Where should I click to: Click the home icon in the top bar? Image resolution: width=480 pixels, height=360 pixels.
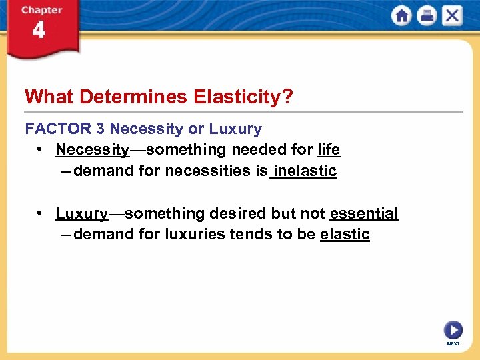(402, 16)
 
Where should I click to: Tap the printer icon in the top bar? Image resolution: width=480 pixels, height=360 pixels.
(427, 16)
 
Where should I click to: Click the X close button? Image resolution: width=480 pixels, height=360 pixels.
(451, 16)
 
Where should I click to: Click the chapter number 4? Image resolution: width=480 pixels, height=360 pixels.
(39, 31)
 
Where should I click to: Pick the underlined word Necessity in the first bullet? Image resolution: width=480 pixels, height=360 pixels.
(92, 149)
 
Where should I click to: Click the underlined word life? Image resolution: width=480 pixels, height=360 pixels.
(329, 149)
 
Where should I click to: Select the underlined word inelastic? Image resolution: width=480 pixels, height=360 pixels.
(306, 171)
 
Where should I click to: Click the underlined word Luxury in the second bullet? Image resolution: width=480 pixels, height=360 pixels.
(81, 213)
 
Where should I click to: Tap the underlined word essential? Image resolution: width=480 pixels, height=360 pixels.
(363, 213)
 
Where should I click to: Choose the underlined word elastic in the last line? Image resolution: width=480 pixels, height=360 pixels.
(345, 235)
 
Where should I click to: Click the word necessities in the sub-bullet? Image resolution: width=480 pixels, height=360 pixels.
(207, 171)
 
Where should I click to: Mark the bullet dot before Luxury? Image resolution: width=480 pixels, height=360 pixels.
(41, 213)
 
